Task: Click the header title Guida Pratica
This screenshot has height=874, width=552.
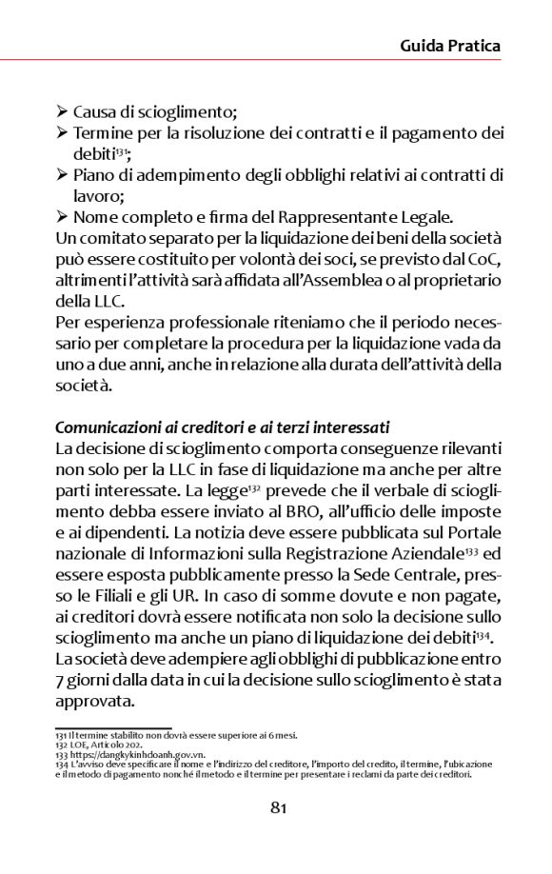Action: (x=449, y=45)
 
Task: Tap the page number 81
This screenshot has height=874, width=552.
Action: (x=278, y=809)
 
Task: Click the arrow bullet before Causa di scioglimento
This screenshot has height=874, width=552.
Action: (x=63, y=112)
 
